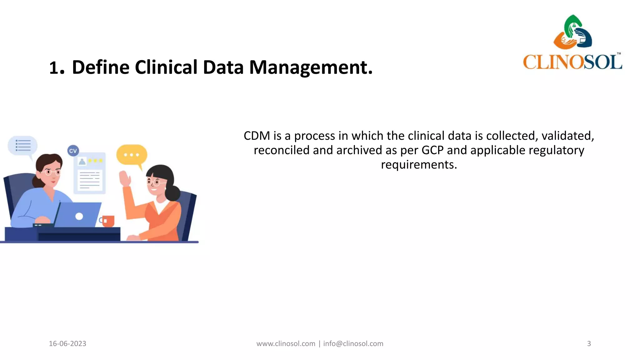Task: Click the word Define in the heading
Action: coord(101,67)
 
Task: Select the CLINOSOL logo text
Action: coord(572,62)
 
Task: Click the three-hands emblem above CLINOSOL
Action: coord(573,32)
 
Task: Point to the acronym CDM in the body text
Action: coord(257,136)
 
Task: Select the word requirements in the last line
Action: coord(419,165)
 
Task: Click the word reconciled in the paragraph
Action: coord(282,150)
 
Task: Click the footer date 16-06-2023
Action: coord(67,344)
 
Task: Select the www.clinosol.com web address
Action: coord(286,344)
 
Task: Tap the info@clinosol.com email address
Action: coord(353,344)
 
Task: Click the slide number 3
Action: coord(589,344)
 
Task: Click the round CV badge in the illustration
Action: coord(73,151)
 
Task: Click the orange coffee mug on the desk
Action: coord(108,221)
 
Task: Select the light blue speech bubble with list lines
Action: coord(22,146)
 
